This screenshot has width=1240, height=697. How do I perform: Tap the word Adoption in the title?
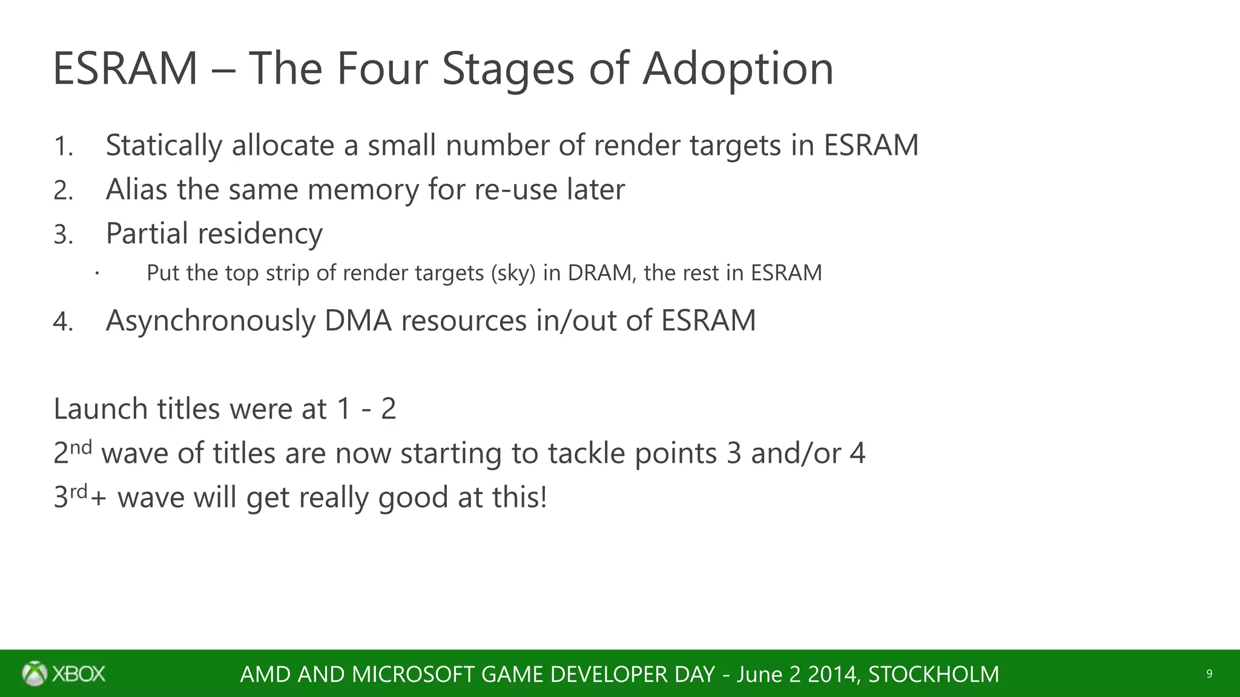(x=737, y=68)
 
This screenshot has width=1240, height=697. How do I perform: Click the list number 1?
(x=62, y=146)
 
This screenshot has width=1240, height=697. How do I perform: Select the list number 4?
(x=63, y=321)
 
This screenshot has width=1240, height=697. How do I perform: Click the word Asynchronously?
(x=210, y=321)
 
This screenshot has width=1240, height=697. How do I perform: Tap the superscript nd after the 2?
(x=81, y=447)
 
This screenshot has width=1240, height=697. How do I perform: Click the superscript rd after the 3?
(x=79, y=491)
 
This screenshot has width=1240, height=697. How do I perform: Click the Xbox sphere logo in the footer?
(x=35, y=673)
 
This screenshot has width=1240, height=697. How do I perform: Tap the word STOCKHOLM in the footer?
(x=933, y=674)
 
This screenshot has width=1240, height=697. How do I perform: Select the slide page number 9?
(x=1209, y=674)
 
